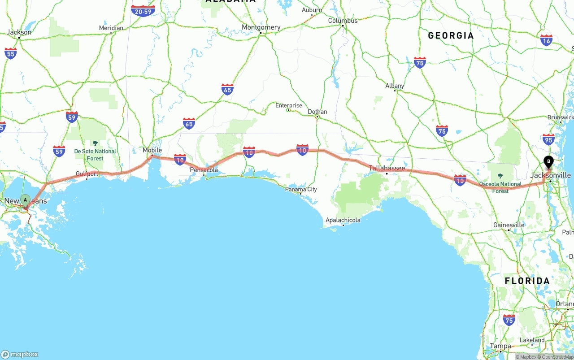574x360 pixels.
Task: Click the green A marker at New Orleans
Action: (x=25, y=200)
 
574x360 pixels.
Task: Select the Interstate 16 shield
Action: (x=546, y=40)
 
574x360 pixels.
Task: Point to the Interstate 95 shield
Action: (x=548, y=139)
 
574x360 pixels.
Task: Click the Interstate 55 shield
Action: (x=11, y=53)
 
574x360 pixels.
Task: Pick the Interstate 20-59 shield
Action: (x=143, y=11)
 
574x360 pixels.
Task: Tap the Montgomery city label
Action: (x=261, y=27)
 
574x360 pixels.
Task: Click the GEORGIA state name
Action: (x=451, y=36)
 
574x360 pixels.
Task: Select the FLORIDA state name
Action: (x=527, y=281)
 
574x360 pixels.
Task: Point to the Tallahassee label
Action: (x=387, y=169)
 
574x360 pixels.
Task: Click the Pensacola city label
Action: (x=204, y=170)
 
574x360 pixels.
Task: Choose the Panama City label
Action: (x=301, y=189)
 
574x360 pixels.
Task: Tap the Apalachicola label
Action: (x=343, y=220)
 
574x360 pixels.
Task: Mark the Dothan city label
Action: (x=317, y=112)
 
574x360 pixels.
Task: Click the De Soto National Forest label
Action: (x=95, y=154)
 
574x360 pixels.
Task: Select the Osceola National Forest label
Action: (x=500, y=187)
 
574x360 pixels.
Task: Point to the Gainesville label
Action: (x=509, y=225)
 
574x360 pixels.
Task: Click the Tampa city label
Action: (x=500, y=346)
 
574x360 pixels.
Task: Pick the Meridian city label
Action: (x=111, y=28)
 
